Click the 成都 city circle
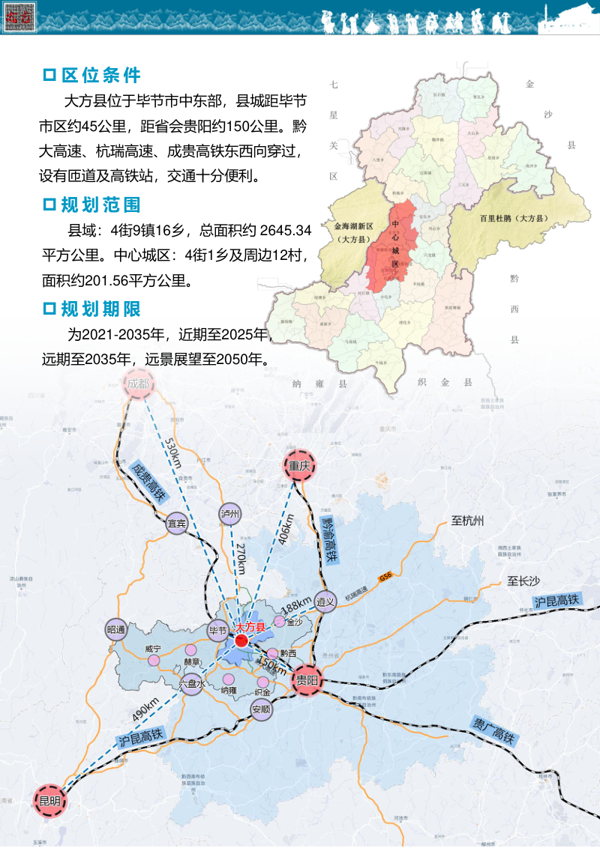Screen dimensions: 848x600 (x=139, y=385)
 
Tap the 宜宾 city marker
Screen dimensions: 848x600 (x=177, y=524)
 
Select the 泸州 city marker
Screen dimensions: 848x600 (x=231, y=513)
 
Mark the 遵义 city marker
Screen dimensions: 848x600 (x=325, y=601)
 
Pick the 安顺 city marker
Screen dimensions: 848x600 (x=262, y=709)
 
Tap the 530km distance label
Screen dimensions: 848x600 (x=172, y=452)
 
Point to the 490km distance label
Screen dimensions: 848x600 (x=147, y=709)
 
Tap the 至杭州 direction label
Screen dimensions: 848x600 (x=468, y=521)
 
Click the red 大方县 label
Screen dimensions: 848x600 (x=250, y=627)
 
